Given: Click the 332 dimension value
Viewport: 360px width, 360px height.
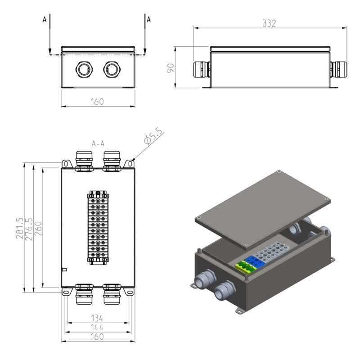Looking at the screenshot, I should (x=269, y=23).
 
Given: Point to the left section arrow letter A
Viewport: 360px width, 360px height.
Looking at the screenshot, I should (x=44, y=20).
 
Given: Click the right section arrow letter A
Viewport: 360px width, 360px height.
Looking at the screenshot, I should (x=149, y=20).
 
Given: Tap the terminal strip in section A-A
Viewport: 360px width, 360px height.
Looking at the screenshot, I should (x=98, y=227).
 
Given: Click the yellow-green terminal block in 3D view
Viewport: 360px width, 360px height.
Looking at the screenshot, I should (x=245, y=266).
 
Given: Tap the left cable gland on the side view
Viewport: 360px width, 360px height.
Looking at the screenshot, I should (x=201, y=69).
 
